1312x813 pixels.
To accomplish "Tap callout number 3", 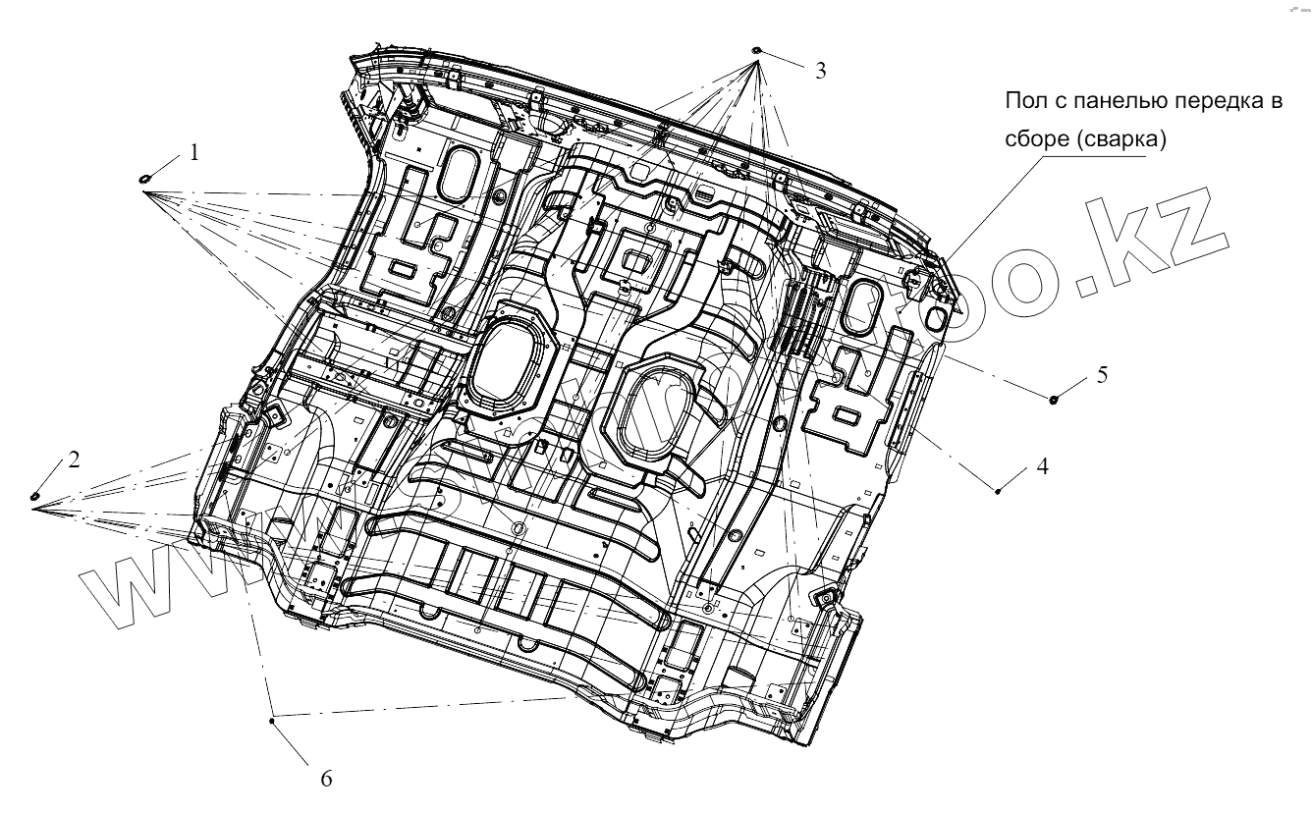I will [x=820, y=70].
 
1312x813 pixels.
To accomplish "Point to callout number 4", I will [x=1043, y=466].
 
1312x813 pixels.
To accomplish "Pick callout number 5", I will [x=1102, y=374].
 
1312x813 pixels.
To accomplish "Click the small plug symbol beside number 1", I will [x=143, y=178].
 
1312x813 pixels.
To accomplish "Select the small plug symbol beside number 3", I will [x=756, y=49].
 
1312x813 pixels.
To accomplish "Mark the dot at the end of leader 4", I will [x=998, y=491].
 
